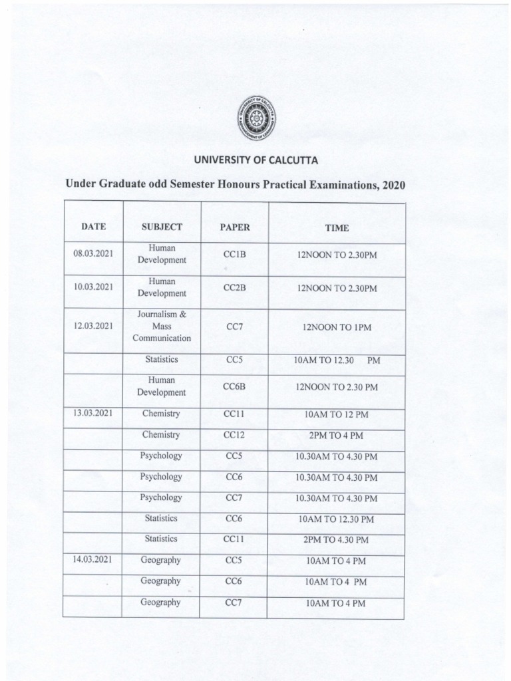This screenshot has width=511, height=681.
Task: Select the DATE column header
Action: tap(94, 227)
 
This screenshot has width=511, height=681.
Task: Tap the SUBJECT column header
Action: tap(162, 227)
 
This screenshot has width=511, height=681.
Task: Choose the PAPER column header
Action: tap(235, 227)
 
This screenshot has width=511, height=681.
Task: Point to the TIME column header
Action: tap(336, 227)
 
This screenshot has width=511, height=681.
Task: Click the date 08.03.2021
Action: tap(94, 254)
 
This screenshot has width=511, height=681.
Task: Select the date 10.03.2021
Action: tap(94, 287)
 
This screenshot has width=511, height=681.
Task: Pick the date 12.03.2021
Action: tap(94, 327)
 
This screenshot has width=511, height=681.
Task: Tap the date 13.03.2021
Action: tap(94, 414)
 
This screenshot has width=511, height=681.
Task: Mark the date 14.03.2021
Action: tap(94, 560)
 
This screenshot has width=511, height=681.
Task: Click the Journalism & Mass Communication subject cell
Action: tap(162, 327)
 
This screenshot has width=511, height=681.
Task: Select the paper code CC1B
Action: tap(235, 254)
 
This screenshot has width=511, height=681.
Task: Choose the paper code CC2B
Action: tap(235, 287)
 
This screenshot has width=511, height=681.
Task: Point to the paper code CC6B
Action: tap(235, 386)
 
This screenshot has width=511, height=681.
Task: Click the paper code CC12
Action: tap(235, 435)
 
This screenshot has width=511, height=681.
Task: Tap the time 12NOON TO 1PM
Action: tap(337, 327)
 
